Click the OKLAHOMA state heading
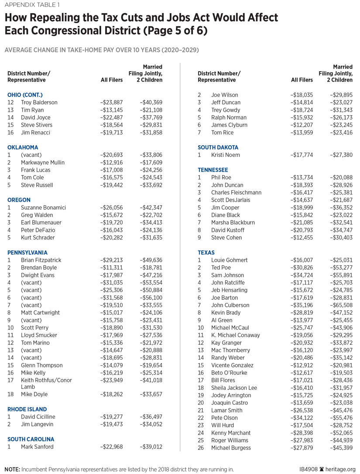pyautogui.click(x=23, y=148)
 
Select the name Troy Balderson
pyautogui.click(x=40, y=102)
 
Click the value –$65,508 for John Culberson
pyautogui.click(x=340, y=305)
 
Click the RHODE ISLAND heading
pyautogui.click(x=27, y=409)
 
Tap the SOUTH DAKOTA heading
pyautogui.click(x=218, y=148)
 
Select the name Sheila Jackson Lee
pyautogui.click(x=234, y=388)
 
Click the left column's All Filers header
pyautogui.click(x=111, y=80)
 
